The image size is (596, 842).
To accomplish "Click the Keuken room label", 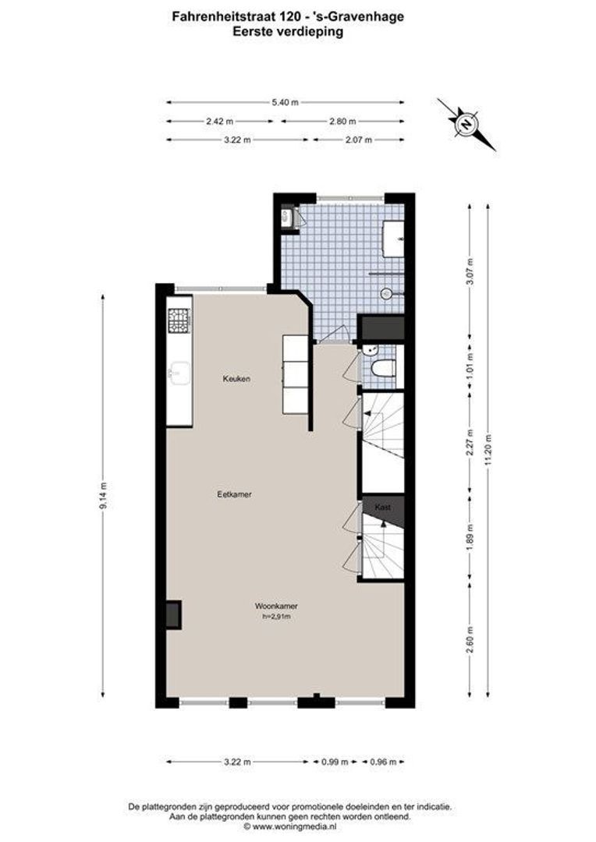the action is coord(236,379).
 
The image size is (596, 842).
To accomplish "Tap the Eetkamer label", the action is coord(234,494).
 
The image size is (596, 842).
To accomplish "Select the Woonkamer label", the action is coord(276,607).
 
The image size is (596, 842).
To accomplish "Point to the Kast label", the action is coord(383,508).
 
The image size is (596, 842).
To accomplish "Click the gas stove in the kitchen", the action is coord(179,320).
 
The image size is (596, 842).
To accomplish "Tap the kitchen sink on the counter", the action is coord(179,373).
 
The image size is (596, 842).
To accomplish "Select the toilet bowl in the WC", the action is coord(384,369).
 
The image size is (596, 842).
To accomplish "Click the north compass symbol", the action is coord(467,124).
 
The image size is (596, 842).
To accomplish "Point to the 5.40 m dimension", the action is coord(285,103).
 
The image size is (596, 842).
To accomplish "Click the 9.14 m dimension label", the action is coord(103,495).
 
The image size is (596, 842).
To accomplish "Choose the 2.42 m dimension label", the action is coord(220,122).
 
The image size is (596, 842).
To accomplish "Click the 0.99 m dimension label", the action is coord(335,762).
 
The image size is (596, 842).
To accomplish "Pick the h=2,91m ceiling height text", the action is coord(276,617).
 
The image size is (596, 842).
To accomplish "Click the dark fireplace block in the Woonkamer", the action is coord(173,615).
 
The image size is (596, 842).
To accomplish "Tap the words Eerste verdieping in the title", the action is coord(288,32).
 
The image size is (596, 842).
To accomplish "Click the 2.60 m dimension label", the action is coord(470,640).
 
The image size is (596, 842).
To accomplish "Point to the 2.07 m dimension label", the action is coord(359,140).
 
